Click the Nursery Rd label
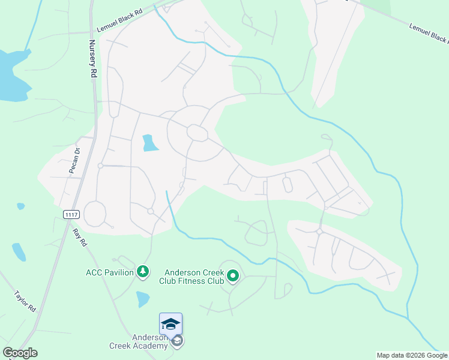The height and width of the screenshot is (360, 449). click(x=93, y=59)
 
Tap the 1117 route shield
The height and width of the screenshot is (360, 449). click(x=71, y=214)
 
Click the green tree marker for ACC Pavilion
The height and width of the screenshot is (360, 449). click(x=143, y=273)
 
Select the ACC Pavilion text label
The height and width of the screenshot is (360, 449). click(x=110, y=272)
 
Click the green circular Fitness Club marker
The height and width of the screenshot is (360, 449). click(x=232, y=277)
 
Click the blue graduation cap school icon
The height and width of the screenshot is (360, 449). click(x=170, y=324)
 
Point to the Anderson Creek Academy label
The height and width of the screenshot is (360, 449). click(x=139, y=341)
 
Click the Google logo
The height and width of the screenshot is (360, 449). click(x=20, y=353)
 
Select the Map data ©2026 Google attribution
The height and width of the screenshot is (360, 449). click(x=412, y=355)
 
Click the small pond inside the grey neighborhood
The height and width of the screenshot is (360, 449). click(x=149, y=143)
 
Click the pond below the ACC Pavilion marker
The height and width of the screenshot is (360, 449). click(x=142, y=299)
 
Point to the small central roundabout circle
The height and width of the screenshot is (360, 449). click(x=196, y=132)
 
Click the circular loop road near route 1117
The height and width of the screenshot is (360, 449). click(x=95, y=213)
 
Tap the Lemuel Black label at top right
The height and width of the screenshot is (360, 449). click(x=429, y=34)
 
